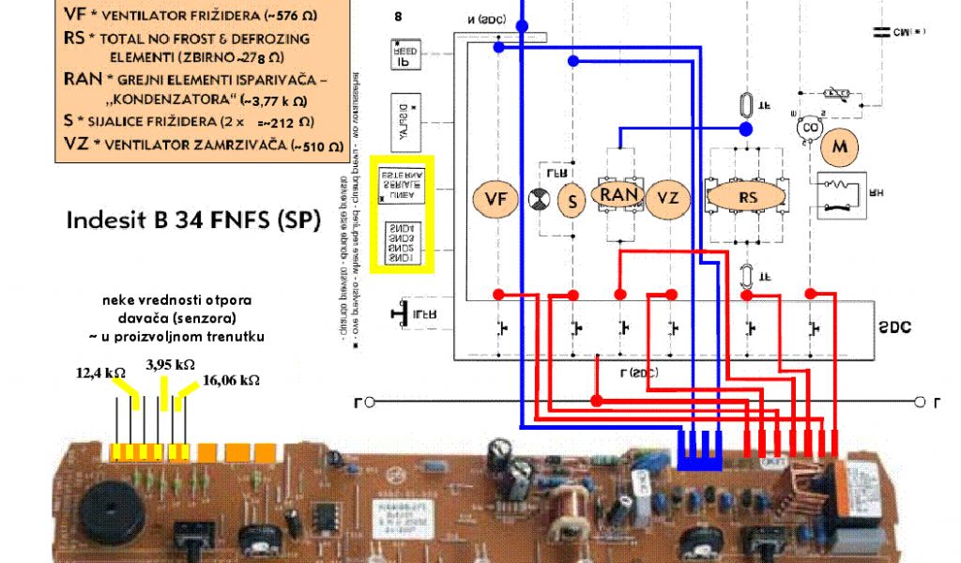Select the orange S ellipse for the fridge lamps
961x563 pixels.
pyautogui.click(x=572, y=199)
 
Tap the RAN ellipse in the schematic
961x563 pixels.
pyautogui.click(x=619, y=195)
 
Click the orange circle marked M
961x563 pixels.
pyautogui.click(x=841, y=147)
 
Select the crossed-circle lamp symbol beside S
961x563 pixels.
pyautogui.click(x=539, y=199)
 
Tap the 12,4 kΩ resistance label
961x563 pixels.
pyautogui.click(x=101, y=373)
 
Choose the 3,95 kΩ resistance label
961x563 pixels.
pyautogui.click(x=170, y=364)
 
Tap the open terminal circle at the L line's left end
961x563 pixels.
pyautogui.click(x=370, y=403)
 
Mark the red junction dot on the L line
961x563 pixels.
pyautogui.click(x=597, y=402)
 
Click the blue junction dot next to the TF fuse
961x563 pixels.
pyautogui.click(x=746, y=129)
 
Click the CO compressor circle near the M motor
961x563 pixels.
pyautogui.click(x=806, y=129)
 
